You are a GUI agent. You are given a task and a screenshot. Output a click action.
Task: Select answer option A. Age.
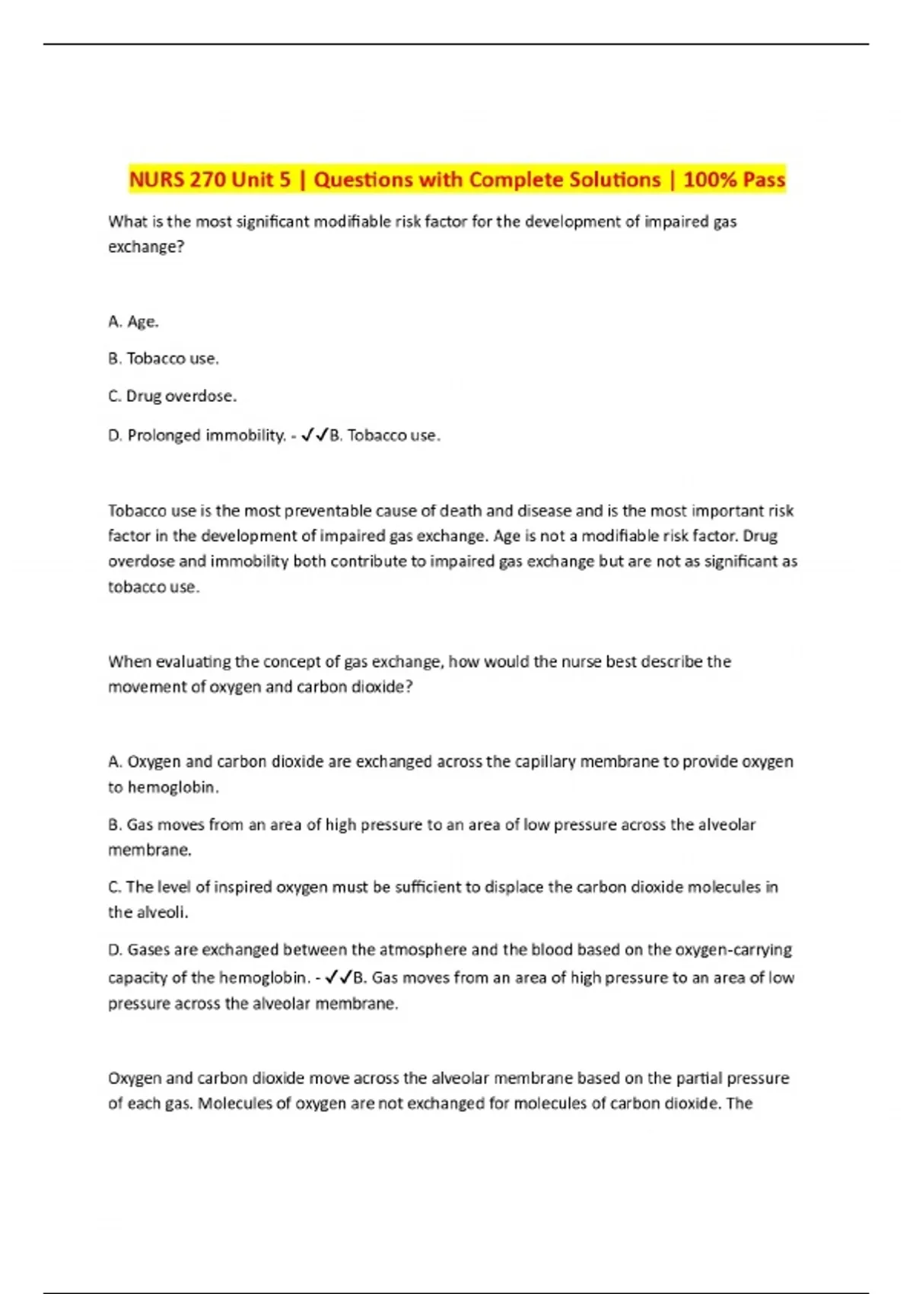point(134,322)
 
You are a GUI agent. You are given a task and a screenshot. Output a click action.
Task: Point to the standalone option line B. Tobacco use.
point(164,359)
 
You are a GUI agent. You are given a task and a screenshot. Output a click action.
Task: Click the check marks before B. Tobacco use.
point(314,435)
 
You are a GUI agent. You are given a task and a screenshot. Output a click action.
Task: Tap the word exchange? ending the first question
point(146,247)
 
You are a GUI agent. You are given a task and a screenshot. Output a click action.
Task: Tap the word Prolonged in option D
point(164,435)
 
